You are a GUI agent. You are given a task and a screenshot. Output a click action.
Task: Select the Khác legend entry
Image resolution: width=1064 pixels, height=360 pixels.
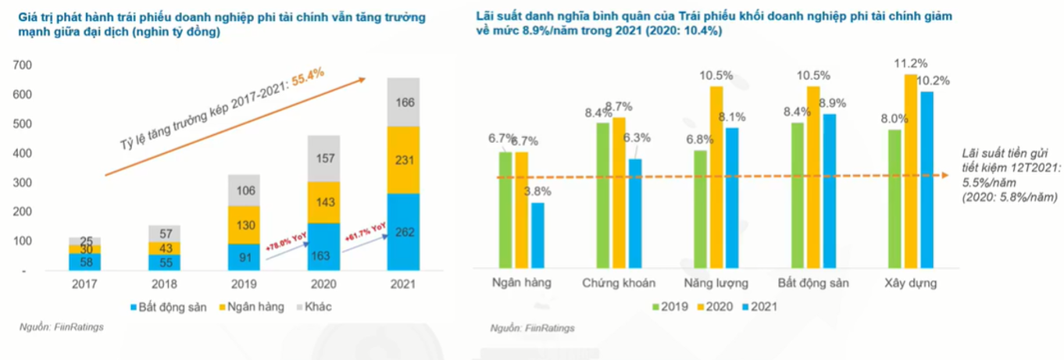(x=312, y=307)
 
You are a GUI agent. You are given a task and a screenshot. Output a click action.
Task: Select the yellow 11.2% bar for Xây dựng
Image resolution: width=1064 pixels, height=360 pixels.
(x=912, y=172)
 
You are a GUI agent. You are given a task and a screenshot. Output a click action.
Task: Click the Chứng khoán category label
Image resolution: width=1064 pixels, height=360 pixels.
(x=618, y=283)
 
